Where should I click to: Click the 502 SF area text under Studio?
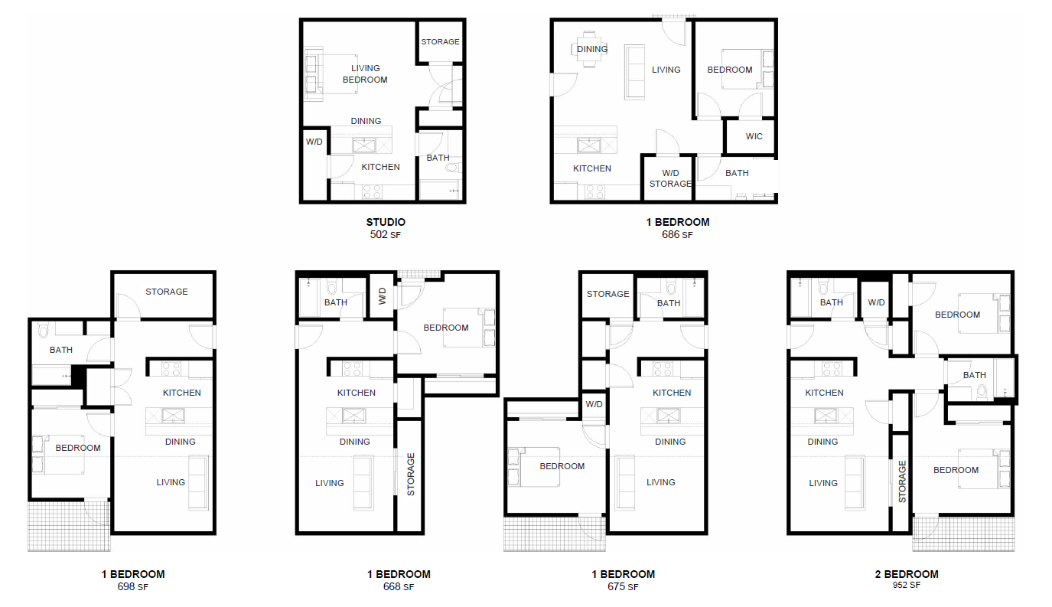pyautogui.click(x=386, y=235)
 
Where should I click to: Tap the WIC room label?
pyautogui.click(x=754, y=137)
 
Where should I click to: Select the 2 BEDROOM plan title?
pyautogui.click(x=907, y=574)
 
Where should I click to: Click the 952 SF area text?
pyautogui.click(x=907, y=586)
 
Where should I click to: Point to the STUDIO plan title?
pyautogui.click(x=386, y=222)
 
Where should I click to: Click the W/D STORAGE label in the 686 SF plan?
pyautogui.click(x=670, y=178)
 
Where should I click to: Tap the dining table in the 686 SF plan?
pyautogui.click(x=589, y=49)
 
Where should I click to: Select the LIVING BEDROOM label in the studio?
pyautogui.click(x=365, y=74)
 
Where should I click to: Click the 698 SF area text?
pyautogui.click(x=133, y=587)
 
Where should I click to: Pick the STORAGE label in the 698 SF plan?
pyautogui.click(x=167, y=292)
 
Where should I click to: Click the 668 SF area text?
pyautogui.click(x=398, y=587)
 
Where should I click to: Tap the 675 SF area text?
pyautogui.click(x=623, y=587)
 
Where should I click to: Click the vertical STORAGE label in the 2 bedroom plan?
pyautogui.click(x=902, y=481)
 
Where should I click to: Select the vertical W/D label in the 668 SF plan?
pyautogui.click(x=383, y=296)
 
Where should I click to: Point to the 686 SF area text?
pyautogui.click(x=677, y=235)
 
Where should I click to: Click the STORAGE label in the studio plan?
pyautogui.click(x=440, y=41)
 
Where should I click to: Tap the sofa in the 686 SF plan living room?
pyautogui.click(x=636, y=71)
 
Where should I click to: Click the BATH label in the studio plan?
pyautogui.click(x=438, y=158)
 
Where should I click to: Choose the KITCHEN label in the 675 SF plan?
pyautogui.click(x=672, y=393)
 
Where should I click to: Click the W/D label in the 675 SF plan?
pyautogui.click(x=594, y=404)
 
